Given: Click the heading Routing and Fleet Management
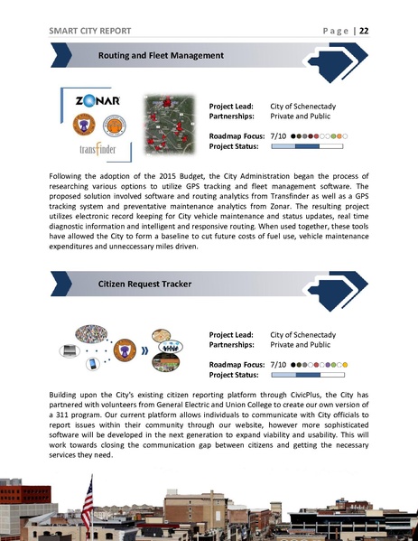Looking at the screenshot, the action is [160, 56].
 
